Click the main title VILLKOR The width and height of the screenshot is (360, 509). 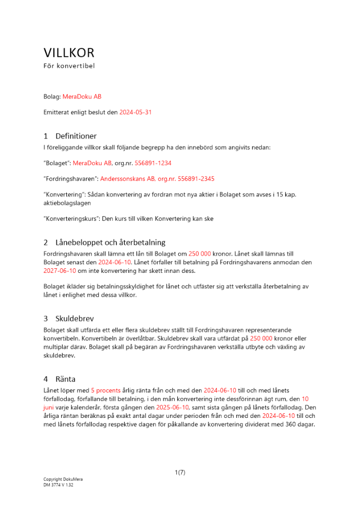69,53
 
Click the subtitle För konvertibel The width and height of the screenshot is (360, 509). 69,66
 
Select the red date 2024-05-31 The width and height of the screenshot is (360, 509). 135,112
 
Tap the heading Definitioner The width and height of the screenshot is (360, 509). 76,136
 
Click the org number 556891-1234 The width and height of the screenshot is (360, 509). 153,163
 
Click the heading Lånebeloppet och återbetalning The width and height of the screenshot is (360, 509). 110,242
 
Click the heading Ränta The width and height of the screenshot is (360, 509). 65,379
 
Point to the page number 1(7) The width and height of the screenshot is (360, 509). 180,472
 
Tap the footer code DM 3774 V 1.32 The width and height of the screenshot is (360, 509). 59,485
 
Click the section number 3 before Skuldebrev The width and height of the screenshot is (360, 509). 46,319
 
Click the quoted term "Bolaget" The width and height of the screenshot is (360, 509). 57,163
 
